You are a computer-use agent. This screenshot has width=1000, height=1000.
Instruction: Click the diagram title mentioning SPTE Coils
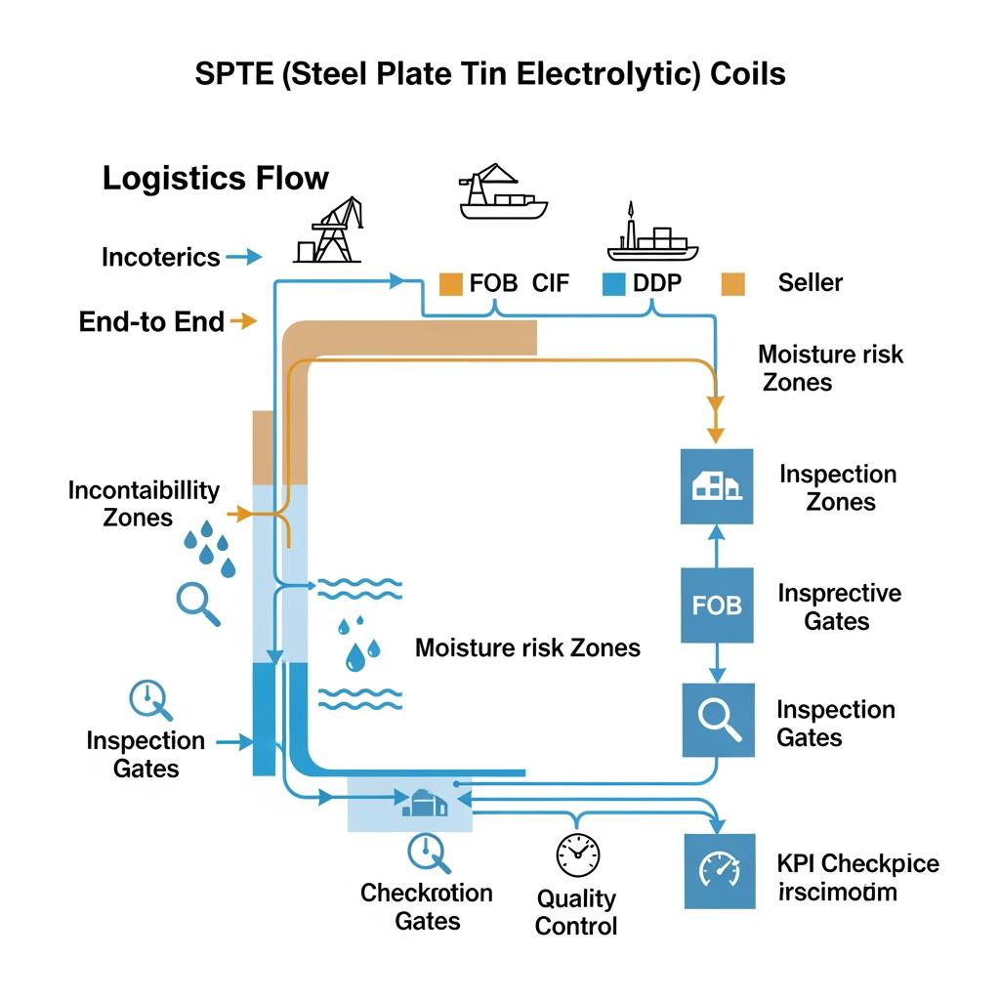pos(490,75)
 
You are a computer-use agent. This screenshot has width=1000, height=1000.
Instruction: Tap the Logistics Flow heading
pos(216,179)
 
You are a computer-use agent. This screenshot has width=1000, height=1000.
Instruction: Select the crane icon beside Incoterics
pos(328,230)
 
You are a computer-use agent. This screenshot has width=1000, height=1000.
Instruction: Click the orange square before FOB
pos(450,283)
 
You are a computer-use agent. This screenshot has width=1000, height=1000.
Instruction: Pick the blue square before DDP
pos(613,283)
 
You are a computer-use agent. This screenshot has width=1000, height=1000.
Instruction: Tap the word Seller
pos(810,283)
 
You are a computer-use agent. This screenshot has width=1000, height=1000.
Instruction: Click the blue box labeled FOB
pos(717,606)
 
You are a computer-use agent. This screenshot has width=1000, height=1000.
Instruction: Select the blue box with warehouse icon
pos(717,486)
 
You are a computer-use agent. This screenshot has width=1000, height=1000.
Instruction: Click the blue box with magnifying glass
pos(717,720)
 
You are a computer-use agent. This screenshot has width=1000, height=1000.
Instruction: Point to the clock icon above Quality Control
pos(577,854)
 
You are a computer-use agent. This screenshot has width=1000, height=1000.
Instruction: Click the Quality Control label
pos(576,912)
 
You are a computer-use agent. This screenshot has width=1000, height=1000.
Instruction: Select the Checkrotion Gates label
pos(427,906)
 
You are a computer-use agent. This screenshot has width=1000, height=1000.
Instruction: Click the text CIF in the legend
pos(550,283)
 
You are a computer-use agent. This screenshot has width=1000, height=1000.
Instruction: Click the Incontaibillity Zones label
pos(144,503)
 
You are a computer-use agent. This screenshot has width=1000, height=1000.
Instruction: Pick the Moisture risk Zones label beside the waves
pos(527,647)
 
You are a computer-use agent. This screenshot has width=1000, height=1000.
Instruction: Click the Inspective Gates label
pos(839,606)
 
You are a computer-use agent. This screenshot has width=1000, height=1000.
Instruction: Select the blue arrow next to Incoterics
pos(244,258)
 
